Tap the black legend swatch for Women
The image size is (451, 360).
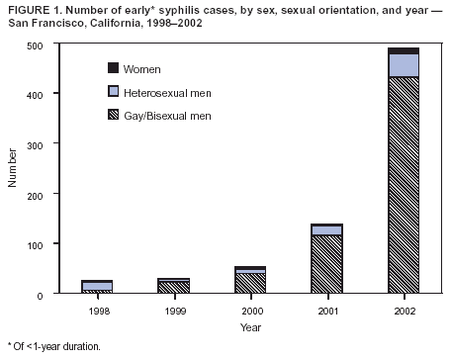tap(113, 68)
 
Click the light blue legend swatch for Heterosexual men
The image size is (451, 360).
tap(113, 92)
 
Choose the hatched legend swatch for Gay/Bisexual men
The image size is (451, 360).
tap(113, 116)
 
